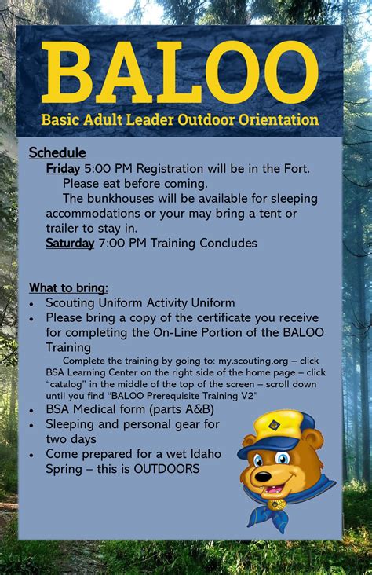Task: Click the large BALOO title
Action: (180, 73)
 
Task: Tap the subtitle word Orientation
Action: (281, 120)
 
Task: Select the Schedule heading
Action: (57, 152)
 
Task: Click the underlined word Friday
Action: (62, 168)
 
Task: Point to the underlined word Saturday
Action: (70, 243)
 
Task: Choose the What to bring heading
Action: (68, 287)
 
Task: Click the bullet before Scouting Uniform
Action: (31, 303)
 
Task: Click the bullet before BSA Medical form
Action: (31, 410)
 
